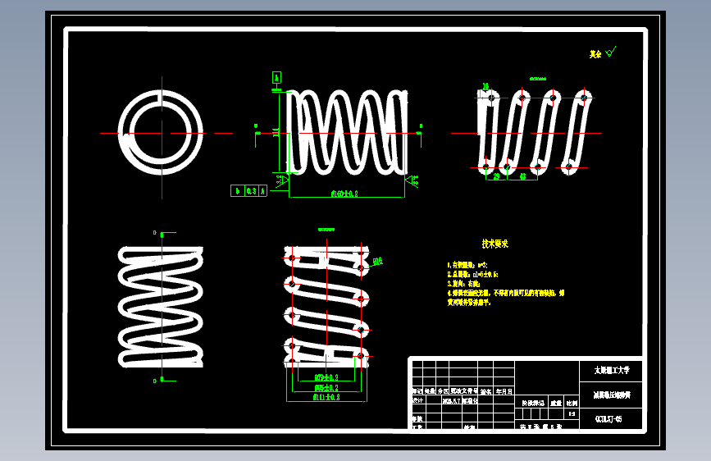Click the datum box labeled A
click(x=276, y=77)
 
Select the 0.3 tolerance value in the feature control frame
click(x=251, y=190)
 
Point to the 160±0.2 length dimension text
click(x=346, y=194)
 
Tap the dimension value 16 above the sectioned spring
click(x=485, y=86)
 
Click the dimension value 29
click(x=496, y=176)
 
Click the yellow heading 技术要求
click(x=495, y=244)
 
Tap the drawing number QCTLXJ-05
click(x=608, y=419)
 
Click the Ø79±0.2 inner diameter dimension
click(x=326, y=377)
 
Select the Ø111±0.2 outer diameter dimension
click(x=326, y=397)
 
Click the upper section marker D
click(x=155, y=233)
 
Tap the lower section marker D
click(x=155, y=381)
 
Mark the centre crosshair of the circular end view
click(x=162, y=133)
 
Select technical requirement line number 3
click(x=464, y=283)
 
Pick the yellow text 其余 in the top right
click(x=595, y=54)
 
